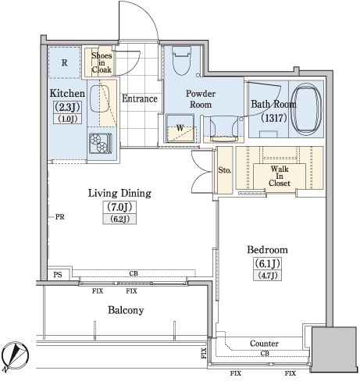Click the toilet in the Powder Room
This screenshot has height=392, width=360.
click(182, 60)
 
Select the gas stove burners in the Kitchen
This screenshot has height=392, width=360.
click(100, 144)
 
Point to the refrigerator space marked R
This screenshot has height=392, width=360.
click(64, 62)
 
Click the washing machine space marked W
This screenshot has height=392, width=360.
click(180, 128)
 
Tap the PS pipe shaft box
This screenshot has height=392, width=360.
click(58, 275)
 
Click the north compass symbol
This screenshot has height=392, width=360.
click(14, 355)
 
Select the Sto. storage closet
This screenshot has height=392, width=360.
click(225, 170)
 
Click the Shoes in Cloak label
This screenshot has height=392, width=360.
click(102, 62)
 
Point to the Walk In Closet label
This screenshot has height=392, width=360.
click(280, 176)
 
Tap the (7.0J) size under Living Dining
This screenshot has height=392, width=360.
click(119, 207)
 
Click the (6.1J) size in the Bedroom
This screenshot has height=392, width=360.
click(267, 264)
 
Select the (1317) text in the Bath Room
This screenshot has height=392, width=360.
click(274, 118)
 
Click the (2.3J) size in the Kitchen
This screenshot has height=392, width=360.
click(67, 107)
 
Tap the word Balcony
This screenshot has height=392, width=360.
click(126, 310)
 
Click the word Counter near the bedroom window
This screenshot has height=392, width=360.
click(264, 344)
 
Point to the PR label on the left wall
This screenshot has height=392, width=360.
click(60, 216)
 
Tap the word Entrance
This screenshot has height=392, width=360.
click(140, 98)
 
